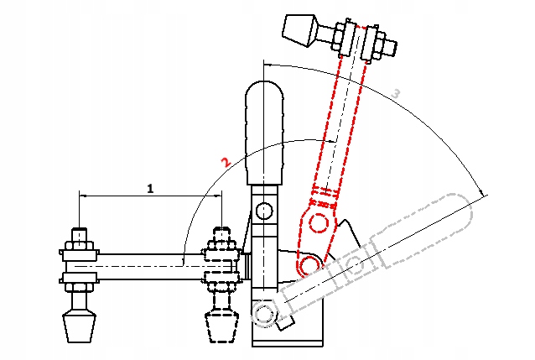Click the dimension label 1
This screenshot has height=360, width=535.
pos(150,188)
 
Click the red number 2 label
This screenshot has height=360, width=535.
pos(226,162)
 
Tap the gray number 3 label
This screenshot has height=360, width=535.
pos(396,93)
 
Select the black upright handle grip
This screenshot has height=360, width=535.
pos(264,133)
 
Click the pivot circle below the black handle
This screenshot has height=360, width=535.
pos(264,211)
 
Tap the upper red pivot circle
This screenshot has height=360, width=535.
pos(319,223)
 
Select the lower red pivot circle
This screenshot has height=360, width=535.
pos(309,264)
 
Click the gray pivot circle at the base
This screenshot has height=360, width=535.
pos(263,312)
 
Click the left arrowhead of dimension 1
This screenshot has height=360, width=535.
pos(82,196)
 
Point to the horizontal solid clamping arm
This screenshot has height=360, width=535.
pos(150,266)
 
